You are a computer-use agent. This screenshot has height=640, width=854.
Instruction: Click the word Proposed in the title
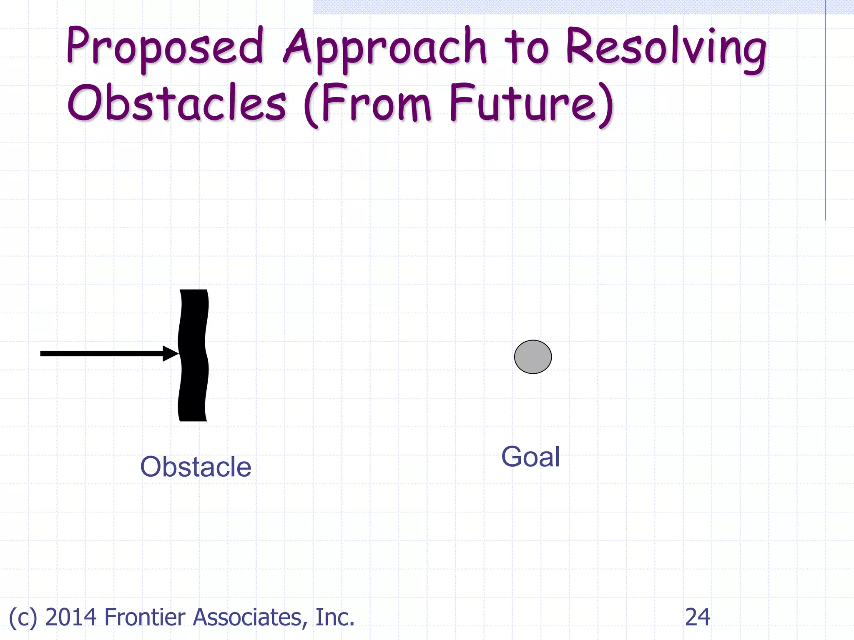click(x=165, y=47)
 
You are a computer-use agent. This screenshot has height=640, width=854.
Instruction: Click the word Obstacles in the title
click(x=177, y=103)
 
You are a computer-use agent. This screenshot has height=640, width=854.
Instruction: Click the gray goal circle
click(x=533, y=357)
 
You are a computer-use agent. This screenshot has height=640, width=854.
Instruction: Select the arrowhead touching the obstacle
click(x=170, y=353)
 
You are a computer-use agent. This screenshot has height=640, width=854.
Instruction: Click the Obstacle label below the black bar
click(x=196, y=467)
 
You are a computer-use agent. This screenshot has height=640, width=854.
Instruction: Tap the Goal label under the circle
click(x=530, y=457)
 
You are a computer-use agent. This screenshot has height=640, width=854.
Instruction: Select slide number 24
click(x=697, y=617)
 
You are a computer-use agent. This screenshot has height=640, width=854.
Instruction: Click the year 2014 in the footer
click(x=71, y=617)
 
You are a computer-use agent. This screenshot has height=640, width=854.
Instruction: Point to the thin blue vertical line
click(x=825, y=112)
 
